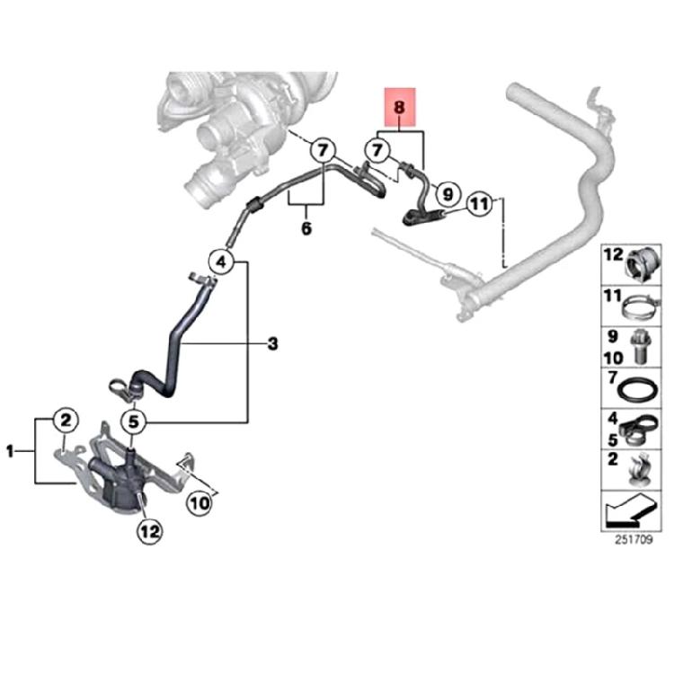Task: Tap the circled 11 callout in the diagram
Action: coord(481,204)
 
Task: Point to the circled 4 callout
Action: coord(222,263)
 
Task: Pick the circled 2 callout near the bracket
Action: coord(65,419)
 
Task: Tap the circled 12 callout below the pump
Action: coord(147,532)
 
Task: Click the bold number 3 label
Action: coord(272,343)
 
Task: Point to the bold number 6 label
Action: coord(306,229)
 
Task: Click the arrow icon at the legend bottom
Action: coord(629,513)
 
